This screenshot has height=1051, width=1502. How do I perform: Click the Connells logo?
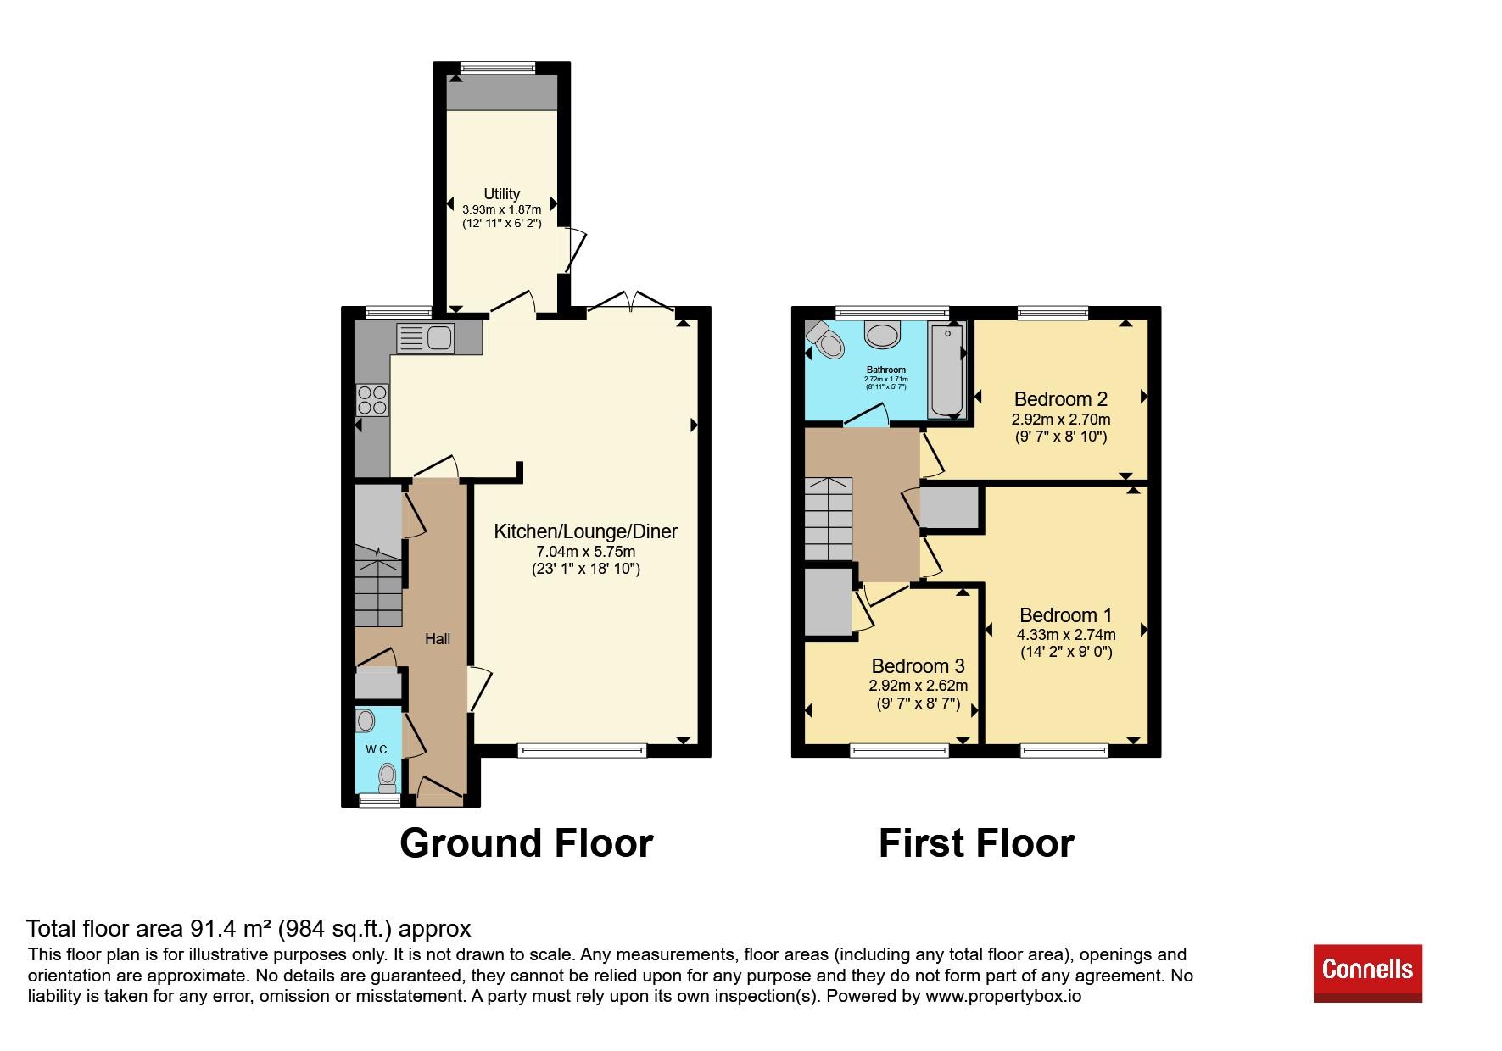[1367, 973]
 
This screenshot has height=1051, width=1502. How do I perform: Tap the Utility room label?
[502, 194]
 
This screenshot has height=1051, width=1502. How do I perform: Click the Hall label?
[438, 639]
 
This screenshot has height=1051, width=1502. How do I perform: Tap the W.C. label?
[377, 750]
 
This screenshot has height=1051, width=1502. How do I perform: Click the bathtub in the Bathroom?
[946, 370]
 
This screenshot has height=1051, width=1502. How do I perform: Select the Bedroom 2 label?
[1061, 398]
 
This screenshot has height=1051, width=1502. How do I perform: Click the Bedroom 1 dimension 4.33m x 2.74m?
[1066, 634]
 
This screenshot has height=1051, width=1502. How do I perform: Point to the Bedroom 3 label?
[918, 666]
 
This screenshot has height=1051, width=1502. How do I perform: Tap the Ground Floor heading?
[526, 843]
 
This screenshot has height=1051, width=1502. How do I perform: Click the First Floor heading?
[976, 843]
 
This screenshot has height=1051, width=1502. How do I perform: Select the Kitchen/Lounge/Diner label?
[586, 531]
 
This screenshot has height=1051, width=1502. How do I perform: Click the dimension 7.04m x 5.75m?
[586, 552]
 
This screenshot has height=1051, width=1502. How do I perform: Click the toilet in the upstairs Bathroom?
[825, 339]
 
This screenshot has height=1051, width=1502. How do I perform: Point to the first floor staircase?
[828, 519]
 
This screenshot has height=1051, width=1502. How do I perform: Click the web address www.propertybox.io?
[1003, 997]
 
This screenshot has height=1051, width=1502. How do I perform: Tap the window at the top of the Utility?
[498, 68]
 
